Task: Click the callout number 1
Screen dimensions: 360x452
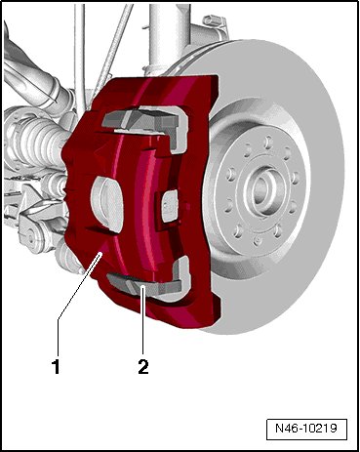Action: click(x=57, y=367)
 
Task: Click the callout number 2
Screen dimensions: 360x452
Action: click(x=143, y=367)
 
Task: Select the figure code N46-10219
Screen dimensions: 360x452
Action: click(x=306, y=428)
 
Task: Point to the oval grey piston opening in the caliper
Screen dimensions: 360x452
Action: click(x=106, y=203)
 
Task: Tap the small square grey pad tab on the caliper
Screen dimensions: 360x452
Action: click(x=170, y=206)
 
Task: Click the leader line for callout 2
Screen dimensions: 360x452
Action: click(x=142, y=320)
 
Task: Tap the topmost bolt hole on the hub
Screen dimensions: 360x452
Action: click(x=267, y=142)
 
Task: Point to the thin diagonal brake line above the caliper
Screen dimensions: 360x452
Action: click(x=109, y=52)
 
